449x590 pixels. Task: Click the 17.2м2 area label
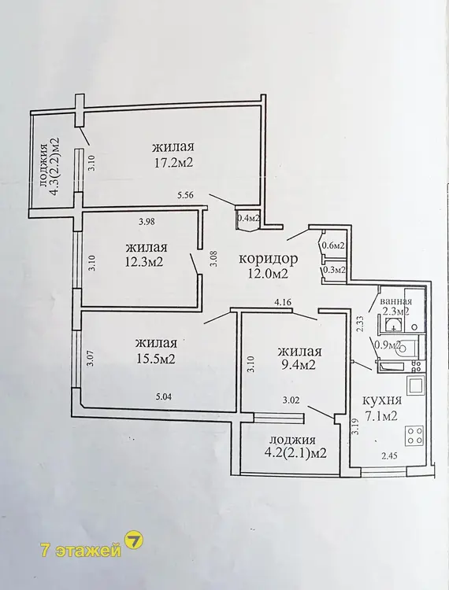pos(173,163)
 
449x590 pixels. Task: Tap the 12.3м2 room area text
pos(144,261)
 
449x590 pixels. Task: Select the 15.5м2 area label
pos(155,359)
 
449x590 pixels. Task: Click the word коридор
pos(268,259)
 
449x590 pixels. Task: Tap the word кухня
pos(382,400)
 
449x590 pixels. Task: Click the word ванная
pos(396,302)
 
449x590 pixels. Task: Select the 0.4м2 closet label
pos(247,217)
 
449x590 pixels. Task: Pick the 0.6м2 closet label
pos(333,245)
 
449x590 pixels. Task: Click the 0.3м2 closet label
pos(335,270)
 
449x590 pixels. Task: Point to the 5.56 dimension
pos(185,195)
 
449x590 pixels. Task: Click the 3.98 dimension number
pos(147,221)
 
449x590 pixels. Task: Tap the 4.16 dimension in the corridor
pos(284,301)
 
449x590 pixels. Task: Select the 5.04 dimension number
pos(164,396)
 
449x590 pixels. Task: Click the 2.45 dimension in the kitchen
pos(389,456)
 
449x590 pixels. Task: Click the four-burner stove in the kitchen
pos(414,435)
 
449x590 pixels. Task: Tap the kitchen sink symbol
pos(416,385)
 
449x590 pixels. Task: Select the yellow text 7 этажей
pos(81,551)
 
